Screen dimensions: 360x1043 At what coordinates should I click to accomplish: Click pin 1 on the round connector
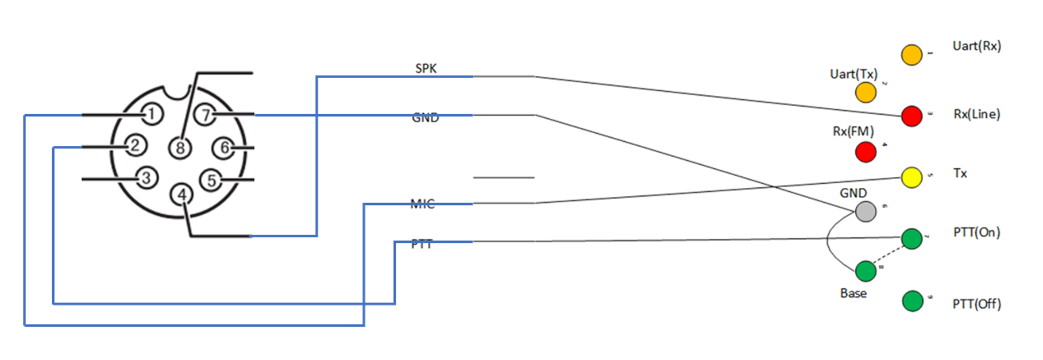pyautogui.click(x=151, y=114)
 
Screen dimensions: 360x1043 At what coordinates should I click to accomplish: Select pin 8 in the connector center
pyautogui.click(x=180, y=148)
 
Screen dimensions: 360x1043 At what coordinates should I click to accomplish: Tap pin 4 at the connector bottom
pyautogui.click(x=181, y=195)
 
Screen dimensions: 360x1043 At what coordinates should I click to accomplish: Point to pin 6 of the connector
pyautogui.click(x=223, y=148)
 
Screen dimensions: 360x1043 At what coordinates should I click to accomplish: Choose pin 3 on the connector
pyautogui.click(x=146, y=178)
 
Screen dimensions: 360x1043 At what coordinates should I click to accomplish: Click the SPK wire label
pyautogui.click(x=426, y=68)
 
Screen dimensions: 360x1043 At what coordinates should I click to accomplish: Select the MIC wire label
pyautogui.click(x=422, y=204)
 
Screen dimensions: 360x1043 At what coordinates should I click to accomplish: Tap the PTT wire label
pyautogui.click(x=422, y=244)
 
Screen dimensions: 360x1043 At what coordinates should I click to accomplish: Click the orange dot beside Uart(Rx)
pyautogui.click(x=911, y=55)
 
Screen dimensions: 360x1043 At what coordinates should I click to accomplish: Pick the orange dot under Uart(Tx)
pyautogui.click(x=866, y=92)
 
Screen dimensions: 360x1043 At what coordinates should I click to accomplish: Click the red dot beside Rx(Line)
pyautogui.click(x=911, y=116)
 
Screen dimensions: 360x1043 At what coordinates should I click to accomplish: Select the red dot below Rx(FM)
pyautogui.click(x=866, y=152)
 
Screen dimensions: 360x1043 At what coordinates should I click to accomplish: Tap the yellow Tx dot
pyautogui.click(x=911, y=177)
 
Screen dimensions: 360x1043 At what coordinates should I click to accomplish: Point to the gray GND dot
pyautogui.click(x=866, y=211)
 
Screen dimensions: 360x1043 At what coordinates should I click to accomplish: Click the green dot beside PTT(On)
pyautogui.click(x=911, y=238)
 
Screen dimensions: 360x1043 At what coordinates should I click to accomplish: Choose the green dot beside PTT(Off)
pyautogui.click(x=912, y=301)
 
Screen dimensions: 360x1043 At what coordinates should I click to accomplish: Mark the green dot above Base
pyautogui.click(x=866, y=271)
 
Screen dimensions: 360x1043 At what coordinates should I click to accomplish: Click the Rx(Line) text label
pyautogui.click(x=976, y=114)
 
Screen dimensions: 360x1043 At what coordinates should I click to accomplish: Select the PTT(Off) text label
pyautogui.click(x=976, y=304)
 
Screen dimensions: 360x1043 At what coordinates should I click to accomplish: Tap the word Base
pyautogui.click(x=853, y=293)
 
